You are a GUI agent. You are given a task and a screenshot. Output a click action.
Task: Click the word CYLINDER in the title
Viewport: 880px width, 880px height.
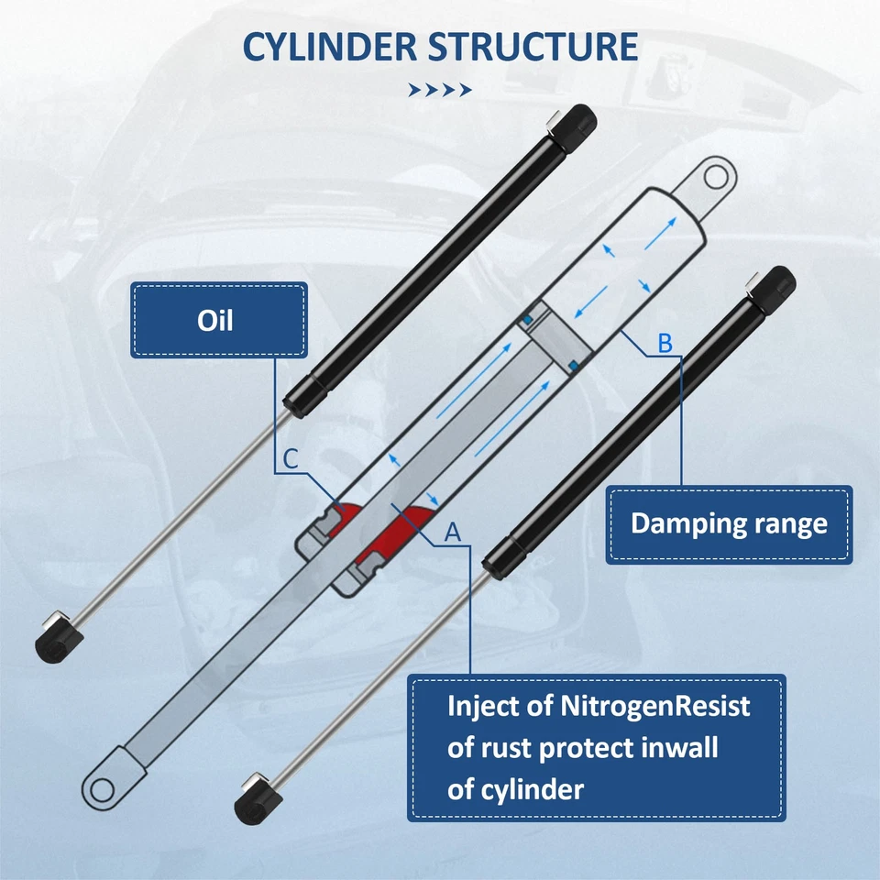coord(327,46)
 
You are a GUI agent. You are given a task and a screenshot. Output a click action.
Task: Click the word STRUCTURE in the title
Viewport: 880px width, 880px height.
coord(534,46)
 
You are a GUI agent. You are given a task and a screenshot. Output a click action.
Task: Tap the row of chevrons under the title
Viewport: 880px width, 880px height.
coord(440,90)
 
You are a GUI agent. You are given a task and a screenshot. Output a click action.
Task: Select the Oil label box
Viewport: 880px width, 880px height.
coord(218,320)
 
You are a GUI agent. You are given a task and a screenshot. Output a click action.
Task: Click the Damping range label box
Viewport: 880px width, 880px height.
coord(729,524)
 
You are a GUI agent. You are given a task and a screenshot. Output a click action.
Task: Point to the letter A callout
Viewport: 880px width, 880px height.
coord(451,531)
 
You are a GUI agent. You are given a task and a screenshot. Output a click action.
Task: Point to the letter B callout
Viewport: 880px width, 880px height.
coord(665,344)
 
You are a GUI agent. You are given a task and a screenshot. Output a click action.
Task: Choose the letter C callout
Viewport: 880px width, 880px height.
coord(289,459)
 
